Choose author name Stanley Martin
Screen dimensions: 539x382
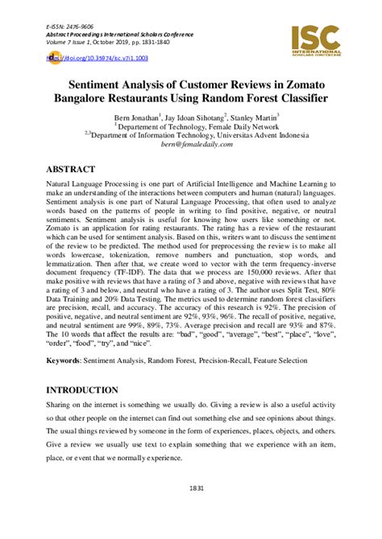pos(252,117)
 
